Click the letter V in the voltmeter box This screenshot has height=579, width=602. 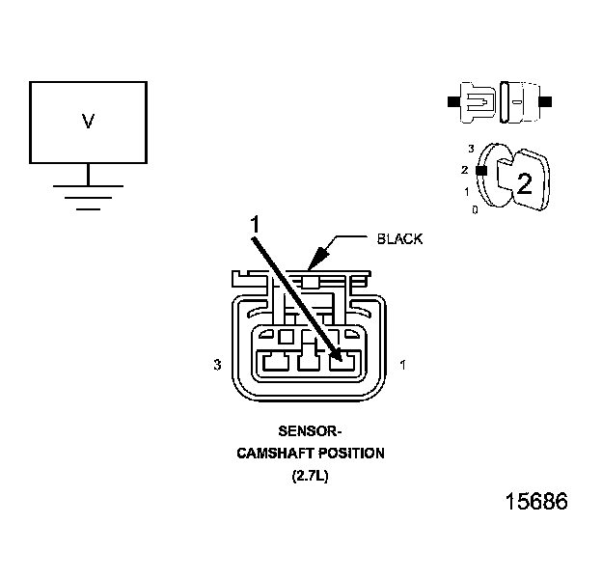tap(88, 122)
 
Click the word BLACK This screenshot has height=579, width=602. tap(399, 238)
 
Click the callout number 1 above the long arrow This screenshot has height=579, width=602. tap(255, 224)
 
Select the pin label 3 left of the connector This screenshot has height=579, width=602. tap(217, 366)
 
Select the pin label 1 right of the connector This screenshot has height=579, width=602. tap(401, 366)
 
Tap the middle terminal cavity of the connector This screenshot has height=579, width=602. tap(308, 363)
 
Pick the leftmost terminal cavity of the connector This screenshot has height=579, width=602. tap(275, 363)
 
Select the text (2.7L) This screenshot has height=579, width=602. tap(310, 475)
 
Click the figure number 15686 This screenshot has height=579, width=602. tap(536, 503)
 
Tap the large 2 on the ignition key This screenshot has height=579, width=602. tap(524, 183)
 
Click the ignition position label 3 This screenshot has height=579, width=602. tap(470, 149)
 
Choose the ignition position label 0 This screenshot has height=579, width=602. tap(475, 209)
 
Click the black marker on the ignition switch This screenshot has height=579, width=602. tap(479, 170)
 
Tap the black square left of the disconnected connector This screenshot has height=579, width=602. tap(453, 100)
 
